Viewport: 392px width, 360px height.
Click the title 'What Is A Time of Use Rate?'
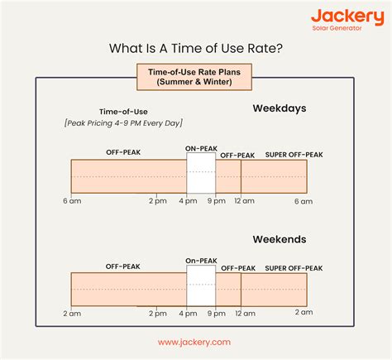[x=196, y=49]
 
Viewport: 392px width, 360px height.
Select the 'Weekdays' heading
[x=280, y=108]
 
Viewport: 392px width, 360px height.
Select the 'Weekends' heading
[x=280, y=239]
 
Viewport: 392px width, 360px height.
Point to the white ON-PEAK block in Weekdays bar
[x=201, y=176]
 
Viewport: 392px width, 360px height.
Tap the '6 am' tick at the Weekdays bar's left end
[x=71, y=202]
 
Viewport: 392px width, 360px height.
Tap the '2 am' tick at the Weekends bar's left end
[x=71, y=314]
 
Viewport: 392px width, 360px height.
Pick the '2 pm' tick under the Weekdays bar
[x=158, y=202]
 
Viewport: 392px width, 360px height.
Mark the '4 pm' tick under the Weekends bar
[x=187, y=314]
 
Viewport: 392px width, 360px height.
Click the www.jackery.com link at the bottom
[x=195, y=342]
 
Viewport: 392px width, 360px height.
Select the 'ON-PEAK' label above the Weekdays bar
[x=201, y=149]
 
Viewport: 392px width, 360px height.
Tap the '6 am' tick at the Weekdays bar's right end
[x=304, y=202]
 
